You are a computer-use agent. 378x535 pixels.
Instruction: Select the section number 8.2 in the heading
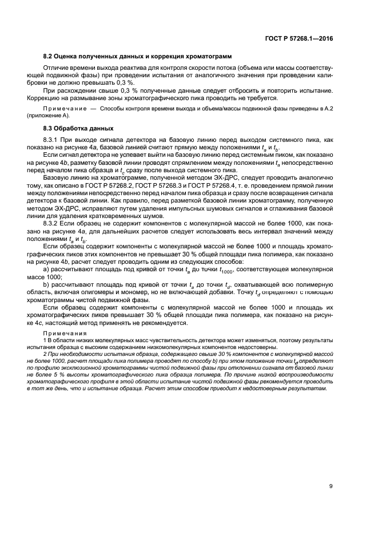[x=48, y=57]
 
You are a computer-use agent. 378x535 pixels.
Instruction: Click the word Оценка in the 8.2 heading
[x=67, y=57]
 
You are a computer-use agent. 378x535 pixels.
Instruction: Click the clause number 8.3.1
[x=51, y=140]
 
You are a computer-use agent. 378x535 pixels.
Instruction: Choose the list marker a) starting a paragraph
[x=46, y=268]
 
